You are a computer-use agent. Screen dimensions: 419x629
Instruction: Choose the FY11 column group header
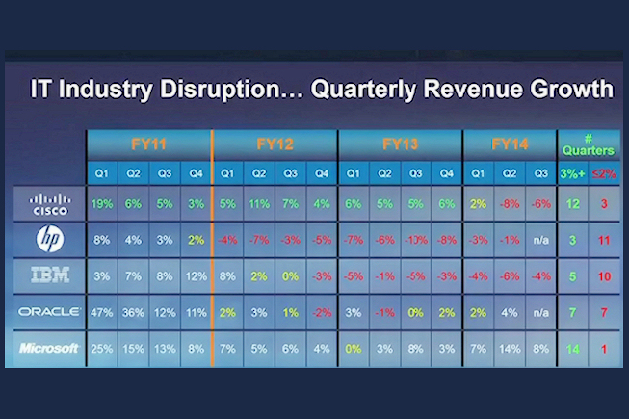point(149,144)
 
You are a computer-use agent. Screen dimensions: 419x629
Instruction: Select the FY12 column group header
point(275,144)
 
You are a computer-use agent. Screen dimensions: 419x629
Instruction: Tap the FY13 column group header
point(400,144)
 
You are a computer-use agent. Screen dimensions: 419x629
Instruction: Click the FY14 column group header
point(510,144)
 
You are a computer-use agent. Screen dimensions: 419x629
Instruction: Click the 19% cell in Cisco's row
point(102,204)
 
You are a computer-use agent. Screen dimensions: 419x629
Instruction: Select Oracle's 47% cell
point(102,312)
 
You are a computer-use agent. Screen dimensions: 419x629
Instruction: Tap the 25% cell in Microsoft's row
point(102,348)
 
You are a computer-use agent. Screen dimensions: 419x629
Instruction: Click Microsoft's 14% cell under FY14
point(510,348)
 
